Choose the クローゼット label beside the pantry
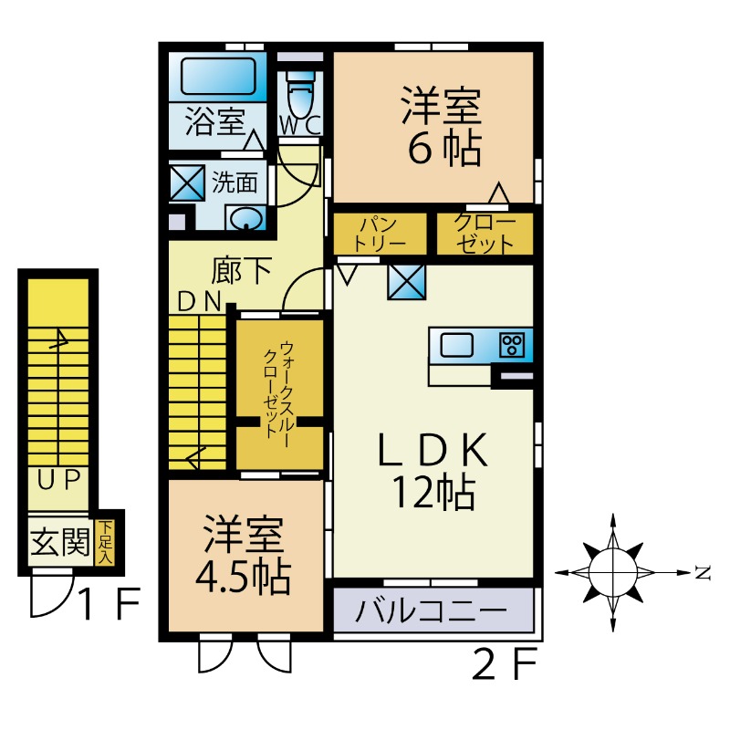484,234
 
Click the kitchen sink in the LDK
457,345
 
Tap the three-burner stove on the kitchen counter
512,345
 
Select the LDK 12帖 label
433,471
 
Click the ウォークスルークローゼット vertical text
280,391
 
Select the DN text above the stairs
199,302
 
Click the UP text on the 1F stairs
60,477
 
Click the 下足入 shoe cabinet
107,541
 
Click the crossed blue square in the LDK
404,281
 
